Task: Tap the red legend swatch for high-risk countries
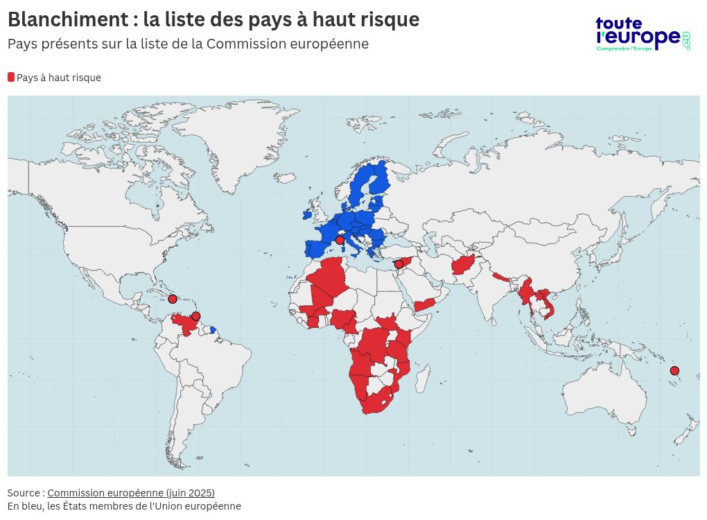pyautogui.click(x=11, y=77)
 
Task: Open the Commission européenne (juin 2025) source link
pyautogui.click(x=131, y=493)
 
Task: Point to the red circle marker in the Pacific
pyautogui.click(x=674, y=371)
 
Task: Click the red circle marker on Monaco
pyautogui.click(x=340, y=240)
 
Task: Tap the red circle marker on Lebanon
pyautogui.click(x=399, y=264)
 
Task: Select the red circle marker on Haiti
pyautogui.click(x=173, y=299)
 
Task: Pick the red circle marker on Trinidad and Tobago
pyautogui.click(x=196, y=316)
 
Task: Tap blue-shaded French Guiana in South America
pyautogui.click(x=213, y=330)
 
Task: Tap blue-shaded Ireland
pyautogui.click(x=307, y=215)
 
